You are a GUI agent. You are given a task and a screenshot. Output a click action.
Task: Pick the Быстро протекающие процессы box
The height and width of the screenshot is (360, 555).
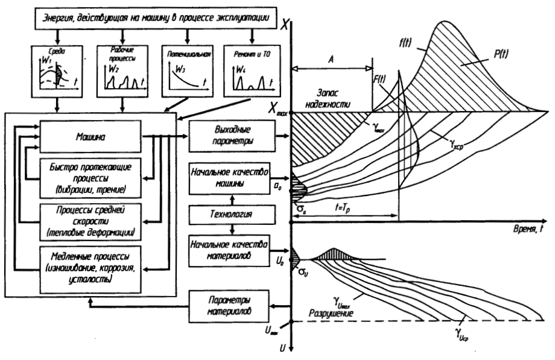(90, 178)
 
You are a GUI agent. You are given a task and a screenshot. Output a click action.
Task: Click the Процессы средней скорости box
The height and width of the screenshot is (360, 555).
(90, 221)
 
